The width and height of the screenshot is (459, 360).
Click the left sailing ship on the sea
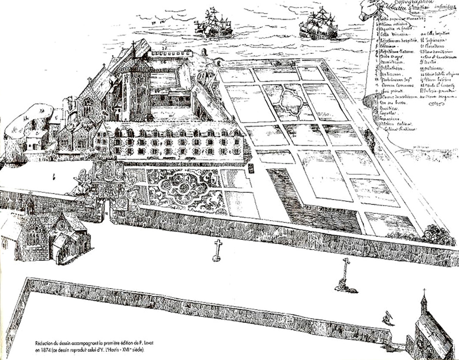212,24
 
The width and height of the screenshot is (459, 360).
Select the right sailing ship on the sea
318,25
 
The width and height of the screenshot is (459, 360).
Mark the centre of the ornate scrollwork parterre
184,188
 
